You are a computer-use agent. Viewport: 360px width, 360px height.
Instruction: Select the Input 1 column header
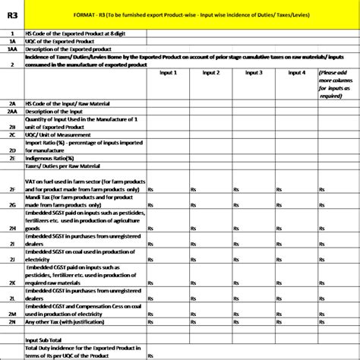point(168,73)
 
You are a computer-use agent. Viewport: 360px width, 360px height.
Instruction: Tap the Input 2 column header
point(212,73)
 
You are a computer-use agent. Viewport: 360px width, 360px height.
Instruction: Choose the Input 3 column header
point(255,73)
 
